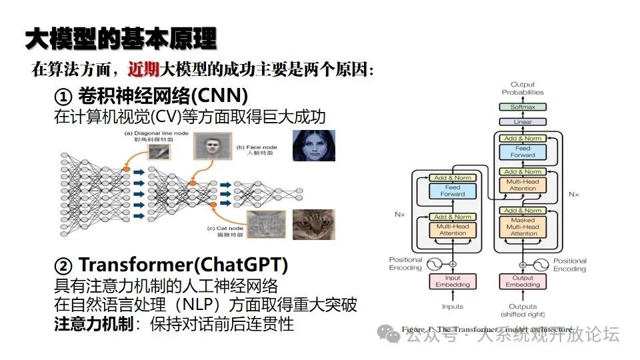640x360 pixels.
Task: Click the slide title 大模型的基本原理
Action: click(x=121, y=39)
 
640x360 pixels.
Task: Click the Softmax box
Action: click(x=523, y=107)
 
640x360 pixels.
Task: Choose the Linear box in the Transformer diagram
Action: click(x=523, y=122)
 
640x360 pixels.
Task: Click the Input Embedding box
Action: click(x=453, y=281)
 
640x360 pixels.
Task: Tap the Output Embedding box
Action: click(x=523, y=281)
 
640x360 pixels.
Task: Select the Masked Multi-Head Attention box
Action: click(x=523, y=227)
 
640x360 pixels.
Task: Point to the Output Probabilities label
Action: click(x=523, y=88)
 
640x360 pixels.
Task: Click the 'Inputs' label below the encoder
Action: click(x=453, y=307)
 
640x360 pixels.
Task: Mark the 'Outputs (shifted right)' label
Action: click(x=523, y=311)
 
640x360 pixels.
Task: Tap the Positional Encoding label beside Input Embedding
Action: click(x=406, y=264)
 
